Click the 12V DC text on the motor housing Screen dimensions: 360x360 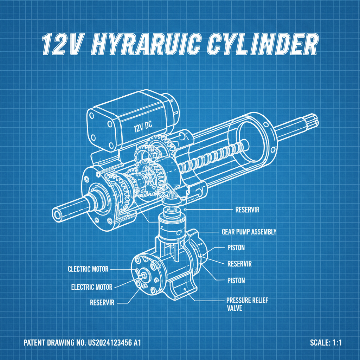click(144, 128)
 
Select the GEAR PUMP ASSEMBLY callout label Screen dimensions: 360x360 click(249, 232)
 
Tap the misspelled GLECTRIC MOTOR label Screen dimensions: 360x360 click(88, 269)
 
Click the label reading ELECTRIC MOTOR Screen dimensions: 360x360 click(92, 287)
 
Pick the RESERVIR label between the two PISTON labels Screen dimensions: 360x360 click(239, 264)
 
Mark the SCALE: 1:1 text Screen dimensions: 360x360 click(326, 343)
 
